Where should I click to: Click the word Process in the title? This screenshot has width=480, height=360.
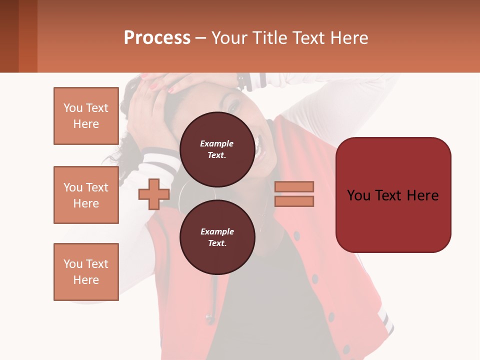point(157,38)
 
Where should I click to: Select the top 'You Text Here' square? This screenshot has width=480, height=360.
point(86,116)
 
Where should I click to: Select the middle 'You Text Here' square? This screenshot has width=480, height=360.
point(86,195)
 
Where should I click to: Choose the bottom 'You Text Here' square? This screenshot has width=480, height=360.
point(86,272)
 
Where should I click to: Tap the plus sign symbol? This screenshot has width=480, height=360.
point(153,194)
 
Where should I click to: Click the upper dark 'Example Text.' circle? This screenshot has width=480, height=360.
point(217,149)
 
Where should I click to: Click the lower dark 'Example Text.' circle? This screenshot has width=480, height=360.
point(217,237)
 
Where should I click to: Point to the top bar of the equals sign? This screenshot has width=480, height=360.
point(294,186)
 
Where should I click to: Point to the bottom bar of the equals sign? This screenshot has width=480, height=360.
point(294,201)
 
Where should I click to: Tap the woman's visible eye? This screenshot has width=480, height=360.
point(233,106)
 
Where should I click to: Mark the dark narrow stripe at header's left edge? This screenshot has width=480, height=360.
point(9,36)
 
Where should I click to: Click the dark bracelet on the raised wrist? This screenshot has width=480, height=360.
point(243,80)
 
